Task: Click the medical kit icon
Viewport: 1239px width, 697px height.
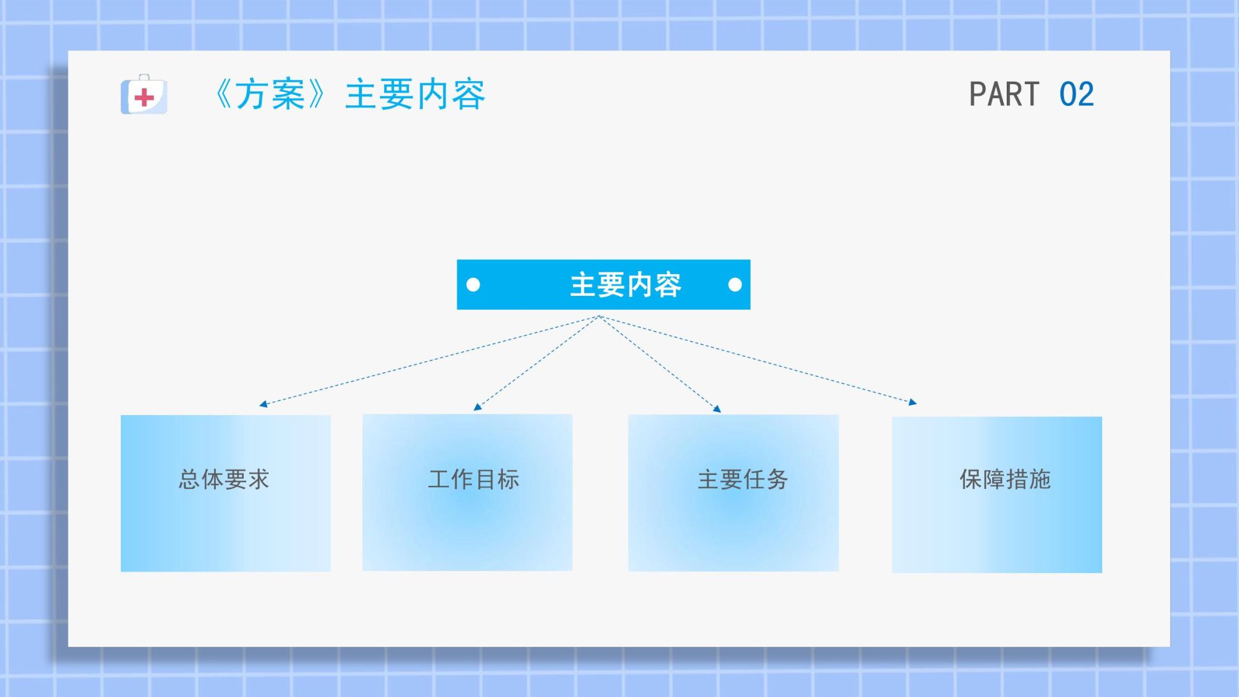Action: pyautogui.click(x=144, y=94)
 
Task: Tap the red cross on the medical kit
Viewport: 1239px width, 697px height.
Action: pyautogui.click(x=144, y=97)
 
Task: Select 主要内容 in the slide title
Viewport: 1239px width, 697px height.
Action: pyautogui.click(x=415, y=94)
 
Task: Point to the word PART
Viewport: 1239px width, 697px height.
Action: pyautogui.click(x=1004, y=94)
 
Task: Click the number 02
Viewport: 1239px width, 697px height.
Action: pyautogui.click(x=1076, y=94)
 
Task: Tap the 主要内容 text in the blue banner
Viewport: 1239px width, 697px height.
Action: pyautogui.click(x=626, y=285)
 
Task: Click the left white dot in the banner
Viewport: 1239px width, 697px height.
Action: pyautogui.click(x=473, y=284)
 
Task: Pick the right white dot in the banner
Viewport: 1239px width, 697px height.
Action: pyautogui.click(x=735, y=284)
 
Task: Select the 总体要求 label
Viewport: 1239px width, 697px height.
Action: pyautogui.click(x=224, y=479)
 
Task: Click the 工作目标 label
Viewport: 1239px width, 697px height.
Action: pyautogui.click(x=474, y=479)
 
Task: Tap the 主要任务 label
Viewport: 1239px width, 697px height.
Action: pyautogui.click(x=743, y=479)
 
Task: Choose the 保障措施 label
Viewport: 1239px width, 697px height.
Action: pyautogui.click(x=1005, y=479)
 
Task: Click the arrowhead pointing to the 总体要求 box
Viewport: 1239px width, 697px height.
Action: pyautogui.click(x=263, y=404)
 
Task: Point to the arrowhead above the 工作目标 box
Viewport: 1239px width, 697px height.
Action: pyautogui.click(x=477, y=407)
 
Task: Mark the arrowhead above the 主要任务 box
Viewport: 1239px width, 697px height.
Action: pyautogui.click(x=718, y=409)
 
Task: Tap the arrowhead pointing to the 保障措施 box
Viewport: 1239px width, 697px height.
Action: pyautogui.click(x=913, y=402)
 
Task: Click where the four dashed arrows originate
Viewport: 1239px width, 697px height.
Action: pyautogui.click(x=599, y=316)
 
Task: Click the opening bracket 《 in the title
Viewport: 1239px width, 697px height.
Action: pyautogui.click(x=223, y=94)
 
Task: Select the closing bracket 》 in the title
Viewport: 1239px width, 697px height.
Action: pyautogui.click(x=316, y=94)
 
